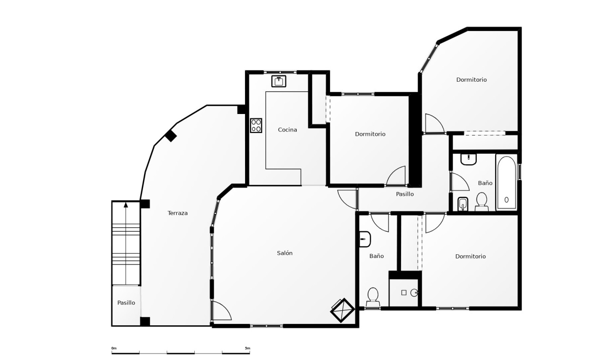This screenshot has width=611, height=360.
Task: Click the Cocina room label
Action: coord(287,130)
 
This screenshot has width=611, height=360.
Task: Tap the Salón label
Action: coord(285,253)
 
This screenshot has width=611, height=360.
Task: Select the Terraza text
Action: coord(177,213)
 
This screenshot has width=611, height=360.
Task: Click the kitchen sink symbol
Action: coord(279,81)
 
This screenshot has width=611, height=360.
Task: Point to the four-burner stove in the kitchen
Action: coord(256,126)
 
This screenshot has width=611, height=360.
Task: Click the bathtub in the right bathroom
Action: coord(506,183)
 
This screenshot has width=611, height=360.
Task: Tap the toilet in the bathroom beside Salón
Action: coord(373,296)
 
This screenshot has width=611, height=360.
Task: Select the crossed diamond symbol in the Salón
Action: coord(342,311)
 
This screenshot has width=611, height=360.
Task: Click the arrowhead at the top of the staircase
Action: coord(126,204)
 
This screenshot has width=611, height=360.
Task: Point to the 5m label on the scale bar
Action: coord(247,348)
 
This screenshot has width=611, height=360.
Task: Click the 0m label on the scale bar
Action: coord(114,348)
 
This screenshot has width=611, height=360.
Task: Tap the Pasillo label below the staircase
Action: coord(126,303)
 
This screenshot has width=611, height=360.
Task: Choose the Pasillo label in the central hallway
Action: coord(405,194)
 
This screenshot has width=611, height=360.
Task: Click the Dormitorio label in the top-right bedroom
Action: coord(471,80)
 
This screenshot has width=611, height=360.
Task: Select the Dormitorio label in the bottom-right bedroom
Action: coord(470,257)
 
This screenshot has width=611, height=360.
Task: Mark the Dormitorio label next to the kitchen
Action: coord(370,134)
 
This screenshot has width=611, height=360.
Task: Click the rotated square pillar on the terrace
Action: coord(171,136)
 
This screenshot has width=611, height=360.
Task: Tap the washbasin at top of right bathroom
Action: coord(468,159)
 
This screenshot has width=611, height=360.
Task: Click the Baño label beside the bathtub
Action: coord(485,183)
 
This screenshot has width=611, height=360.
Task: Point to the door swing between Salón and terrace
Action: coord(222,311)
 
